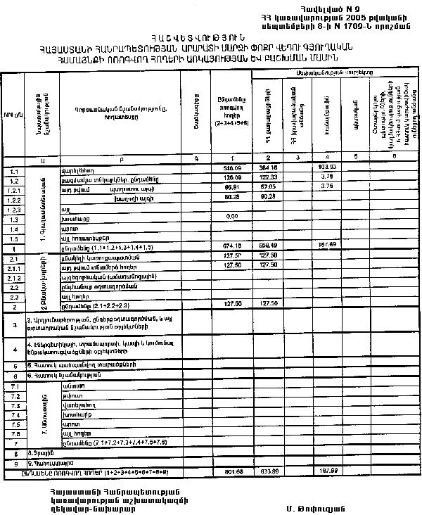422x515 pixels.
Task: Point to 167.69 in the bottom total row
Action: pos(326,471)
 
